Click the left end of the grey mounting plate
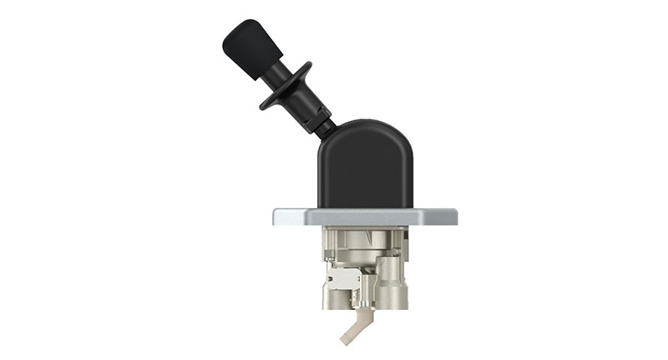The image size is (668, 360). click(x=282, y=217)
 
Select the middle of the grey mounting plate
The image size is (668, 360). click(x=365, y=217)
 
